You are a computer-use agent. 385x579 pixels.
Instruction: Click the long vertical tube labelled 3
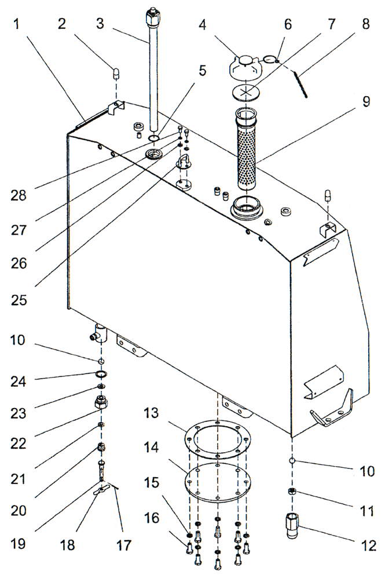point(154,75)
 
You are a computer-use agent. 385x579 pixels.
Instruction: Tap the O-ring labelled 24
point(101,375)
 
